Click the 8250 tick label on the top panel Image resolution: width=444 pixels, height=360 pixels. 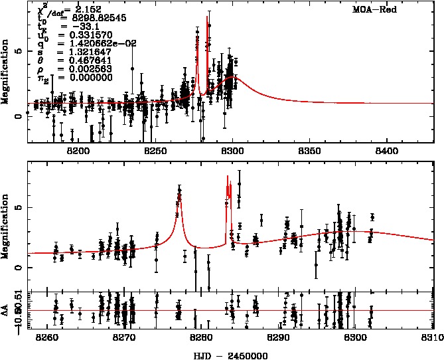pos(155,151)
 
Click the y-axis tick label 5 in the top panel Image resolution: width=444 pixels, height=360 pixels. pos(19,50)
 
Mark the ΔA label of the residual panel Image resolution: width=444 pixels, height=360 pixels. pos(6,310)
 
